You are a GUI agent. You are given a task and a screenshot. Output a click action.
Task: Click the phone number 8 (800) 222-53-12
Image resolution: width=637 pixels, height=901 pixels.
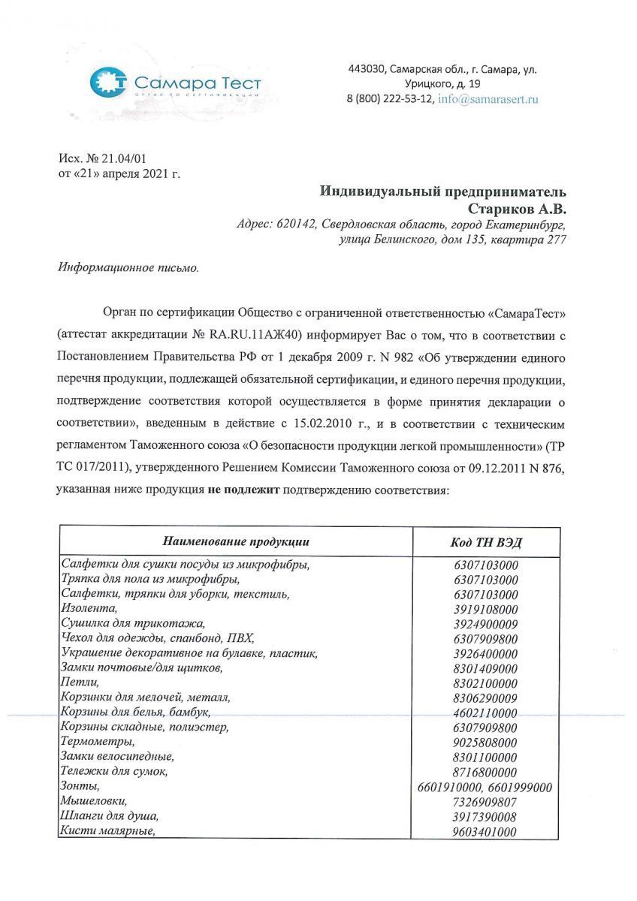[390, 98]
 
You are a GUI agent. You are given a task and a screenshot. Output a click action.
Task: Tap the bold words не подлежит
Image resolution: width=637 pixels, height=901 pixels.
[243, 490]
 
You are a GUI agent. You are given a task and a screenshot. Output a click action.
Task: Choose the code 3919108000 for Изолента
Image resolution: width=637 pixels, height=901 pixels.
[485, 609]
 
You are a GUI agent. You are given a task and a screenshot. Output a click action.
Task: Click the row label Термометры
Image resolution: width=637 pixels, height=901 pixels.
[93, 742]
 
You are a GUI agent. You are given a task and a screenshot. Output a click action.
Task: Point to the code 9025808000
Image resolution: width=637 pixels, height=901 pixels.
[485, 742]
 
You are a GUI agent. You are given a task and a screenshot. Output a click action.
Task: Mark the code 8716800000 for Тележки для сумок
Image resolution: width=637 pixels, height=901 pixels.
[485, 772]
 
